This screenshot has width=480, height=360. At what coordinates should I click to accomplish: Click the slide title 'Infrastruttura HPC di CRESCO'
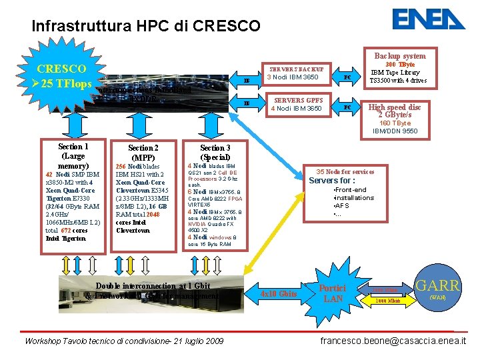tap(146, 27)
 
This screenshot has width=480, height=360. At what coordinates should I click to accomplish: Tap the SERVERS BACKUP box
tap(295, 73)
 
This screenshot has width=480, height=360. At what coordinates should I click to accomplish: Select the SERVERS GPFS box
tap(295, 104)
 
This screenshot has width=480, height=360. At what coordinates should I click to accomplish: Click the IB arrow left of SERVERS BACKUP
tap(246, 81)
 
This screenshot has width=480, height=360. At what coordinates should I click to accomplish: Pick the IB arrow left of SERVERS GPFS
tap(246, 103)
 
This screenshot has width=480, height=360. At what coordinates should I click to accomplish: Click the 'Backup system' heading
tap(399, 56)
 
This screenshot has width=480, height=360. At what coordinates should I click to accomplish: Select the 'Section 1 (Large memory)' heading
tap(73, 155)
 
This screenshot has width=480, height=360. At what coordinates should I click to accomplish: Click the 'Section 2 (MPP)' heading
tap(143, 152)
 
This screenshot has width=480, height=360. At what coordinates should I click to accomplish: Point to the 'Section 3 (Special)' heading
tap(215, 152)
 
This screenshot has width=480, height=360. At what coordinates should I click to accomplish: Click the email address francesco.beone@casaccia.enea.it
tap(393, 341)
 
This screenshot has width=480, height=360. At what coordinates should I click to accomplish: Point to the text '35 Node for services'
tap(345, 171)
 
